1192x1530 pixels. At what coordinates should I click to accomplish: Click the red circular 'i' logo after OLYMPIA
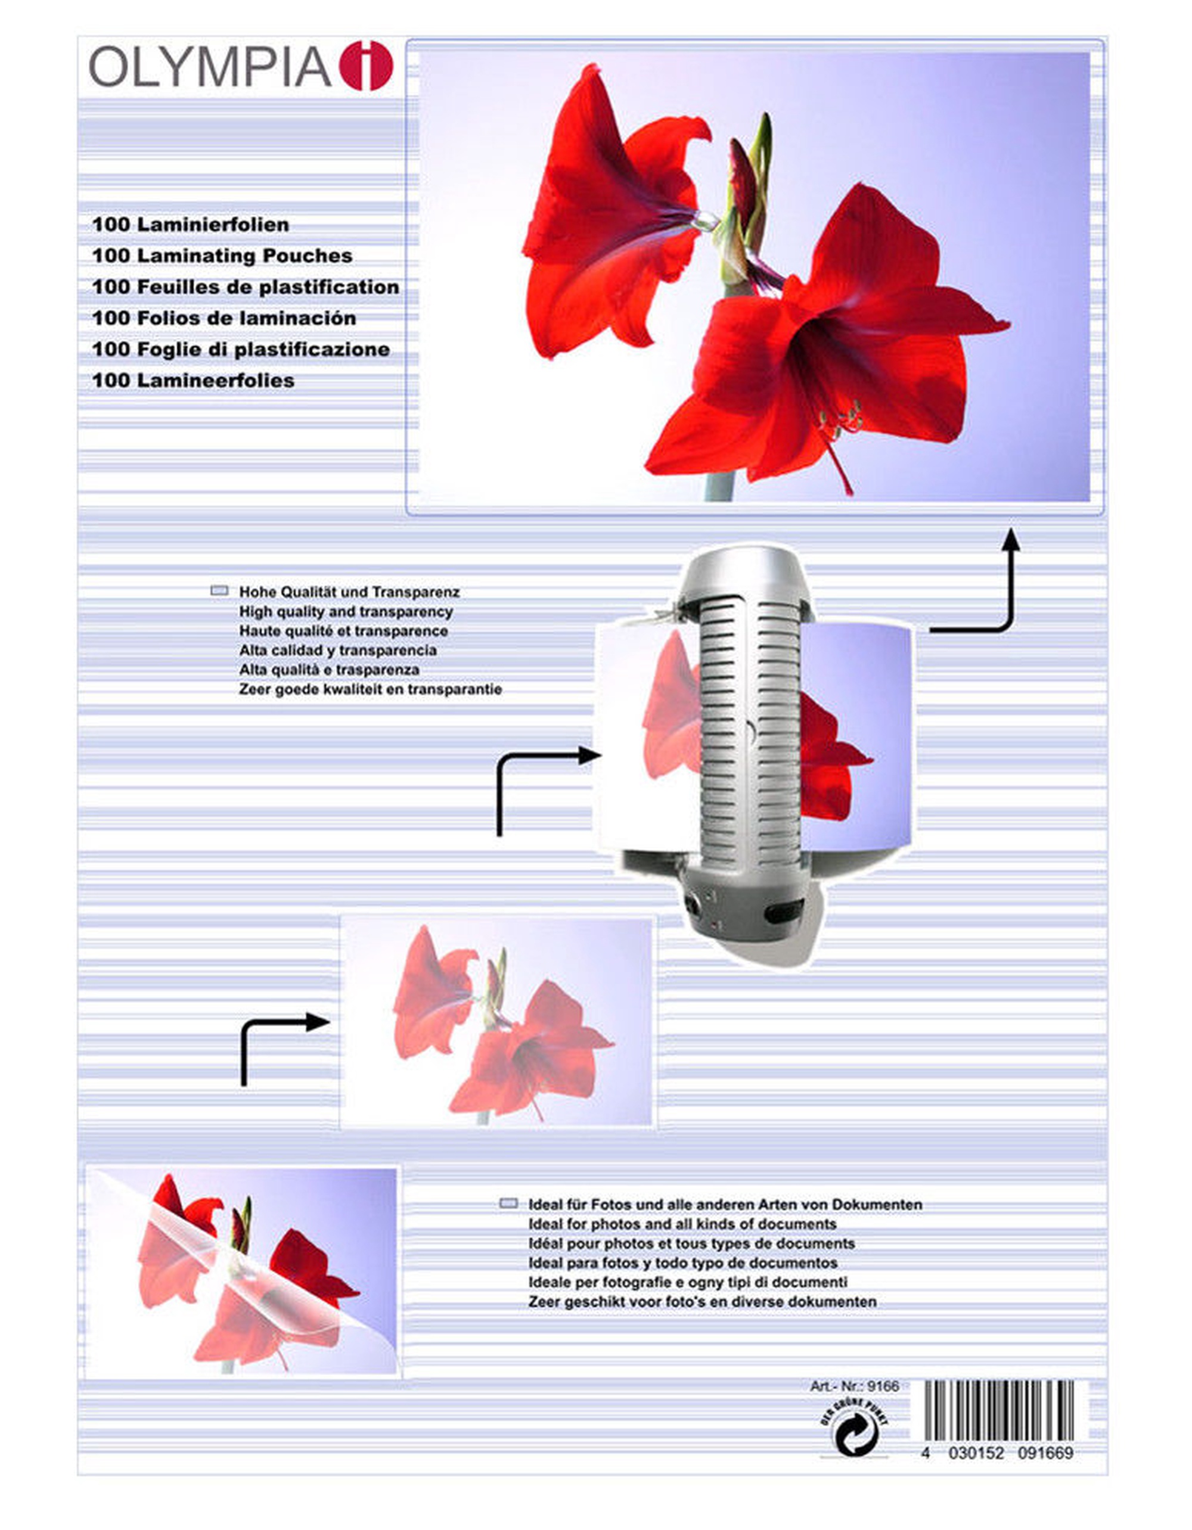click(366, 66)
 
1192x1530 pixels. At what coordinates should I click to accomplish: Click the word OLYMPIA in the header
click(209, 67)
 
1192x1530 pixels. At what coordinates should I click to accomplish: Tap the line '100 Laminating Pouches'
click(222, 256)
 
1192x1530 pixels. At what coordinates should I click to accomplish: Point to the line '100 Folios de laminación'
click(224, 318)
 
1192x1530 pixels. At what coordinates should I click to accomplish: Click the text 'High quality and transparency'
click(346, 611)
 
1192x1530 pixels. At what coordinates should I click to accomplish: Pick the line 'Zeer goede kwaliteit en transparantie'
click(370, 689)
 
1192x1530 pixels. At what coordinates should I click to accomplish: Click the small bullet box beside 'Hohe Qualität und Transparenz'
click(219, 590)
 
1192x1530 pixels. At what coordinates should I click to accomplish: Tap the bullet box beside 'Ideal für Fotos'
click(509, 1204)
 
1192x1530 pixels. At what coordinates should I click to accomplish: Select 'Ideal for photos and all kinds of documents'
click(682, 1224)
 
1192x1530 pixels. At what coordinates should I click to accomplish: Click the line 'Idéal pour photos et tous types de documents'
click(691, 1243)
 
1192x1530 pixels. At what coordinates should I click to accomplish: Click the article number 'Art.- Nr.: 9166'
click(853, 1386)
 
